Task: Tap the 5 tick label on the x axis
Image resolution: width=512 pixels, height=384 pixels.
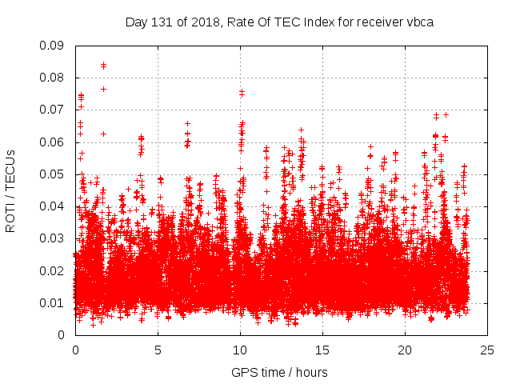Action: click(158, 350)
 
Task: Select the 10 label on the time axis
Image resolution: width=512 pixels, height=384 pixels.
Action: click(240, 350)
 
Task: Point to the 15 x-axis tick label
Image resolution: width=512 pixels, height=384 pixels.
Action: click(322, 350)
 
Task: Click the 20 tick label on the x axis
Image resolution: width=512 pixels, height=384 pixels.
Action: click(405, 350)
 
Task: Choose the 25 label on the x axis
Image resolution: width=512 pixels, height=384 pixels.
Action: click(487, 350)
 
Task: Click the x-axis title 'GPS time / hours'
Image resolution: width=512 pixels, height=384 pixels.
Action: click(280, 372)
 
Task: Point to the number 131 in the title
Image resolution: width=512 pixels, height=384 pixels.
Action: click(162, 22)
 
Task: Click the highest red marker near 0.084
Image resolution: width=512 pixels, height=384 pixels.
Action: click(103, 65)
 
